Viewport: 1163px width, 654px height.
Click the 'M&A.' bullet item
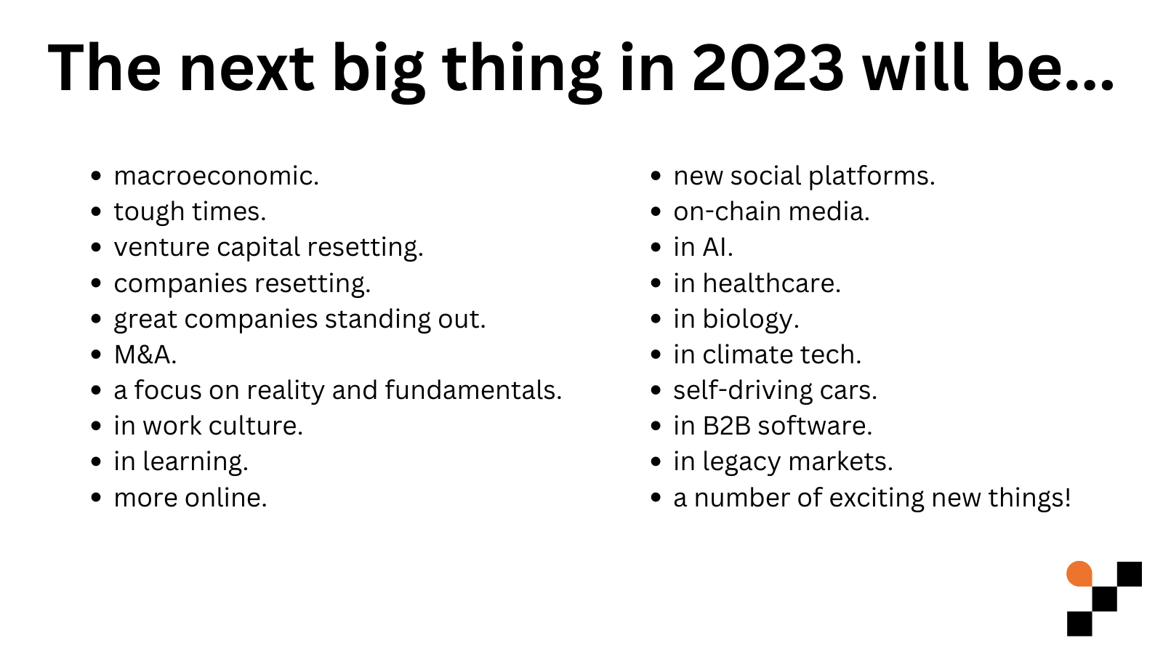click(x=145, y=355)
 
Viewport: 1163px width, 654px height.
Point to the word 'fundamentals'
click(x=472, y=390)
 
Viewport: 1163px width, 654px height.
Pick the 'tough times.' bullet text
click(x=190, y=211)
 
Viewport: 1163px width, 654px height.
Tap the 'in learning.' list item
click(x=181, y=462)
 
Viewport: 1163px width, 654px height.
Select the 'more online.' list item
click(x=190, y=498)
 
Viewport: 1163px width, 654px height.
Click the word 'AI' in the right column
click(x=715, y=247)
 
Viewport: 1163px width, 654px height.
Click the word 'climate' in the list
click(x=747, y=355)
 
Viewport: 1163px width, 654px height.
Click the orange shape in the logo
click(x=1079, y=573)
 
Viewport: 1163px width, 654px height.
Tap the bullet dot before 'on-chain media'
click(x=656, y=212)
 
